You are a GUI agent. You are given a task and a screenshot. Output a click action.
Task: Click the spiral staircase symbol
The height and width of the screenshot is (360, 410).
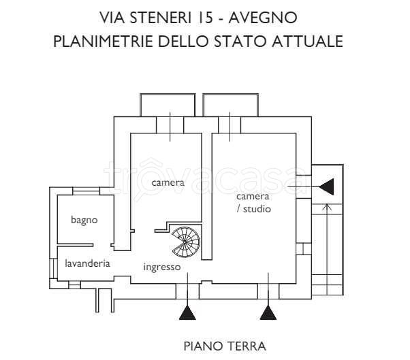(x=186, y=240)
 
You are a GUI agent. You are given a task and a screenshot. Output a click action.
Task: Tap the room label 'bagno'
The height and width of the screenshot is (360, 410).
(x=84, y=220)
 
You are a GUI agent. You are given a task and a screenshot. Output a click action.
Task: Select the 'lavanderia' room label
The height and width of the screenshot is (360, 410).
(x=88, y=263)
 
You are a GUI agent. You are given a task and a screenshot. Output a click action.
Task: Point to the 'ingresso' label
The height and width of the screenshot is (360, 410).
(x=162, y=267)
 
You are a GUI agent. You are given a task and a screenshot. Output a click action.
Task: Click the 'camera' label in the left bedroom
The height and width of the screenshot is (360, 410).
(x=168, y=182)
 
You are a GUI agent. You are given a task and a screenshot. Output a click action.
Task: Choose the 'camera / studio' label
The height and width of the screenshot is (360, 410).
(x=253, y=203)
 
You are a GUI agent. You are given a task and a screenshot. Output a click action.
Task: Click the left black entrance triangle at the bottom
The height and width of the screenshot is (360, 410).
(x=187, y=312)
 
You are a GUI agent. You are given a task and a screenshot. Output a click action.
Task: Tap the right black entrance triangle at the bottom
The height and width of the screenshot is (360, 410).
(x=268, y=312)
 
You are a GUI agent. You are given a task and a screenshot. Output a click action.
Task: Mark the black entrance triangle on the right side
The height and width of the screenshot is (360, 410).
(x=326, y=185)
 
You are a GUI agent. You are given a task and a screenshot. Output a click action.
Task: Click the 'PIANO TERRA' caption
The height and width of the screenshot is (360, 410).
(x=225, y=346)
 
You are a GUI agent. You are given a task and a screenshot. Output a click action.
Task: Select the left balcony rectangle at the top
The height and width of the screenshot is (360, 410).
(x=168, y=104)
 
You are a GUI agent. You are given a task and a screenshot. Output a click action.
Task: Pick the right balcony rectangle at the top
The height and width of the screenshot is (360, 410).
(x=231, y=104)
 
